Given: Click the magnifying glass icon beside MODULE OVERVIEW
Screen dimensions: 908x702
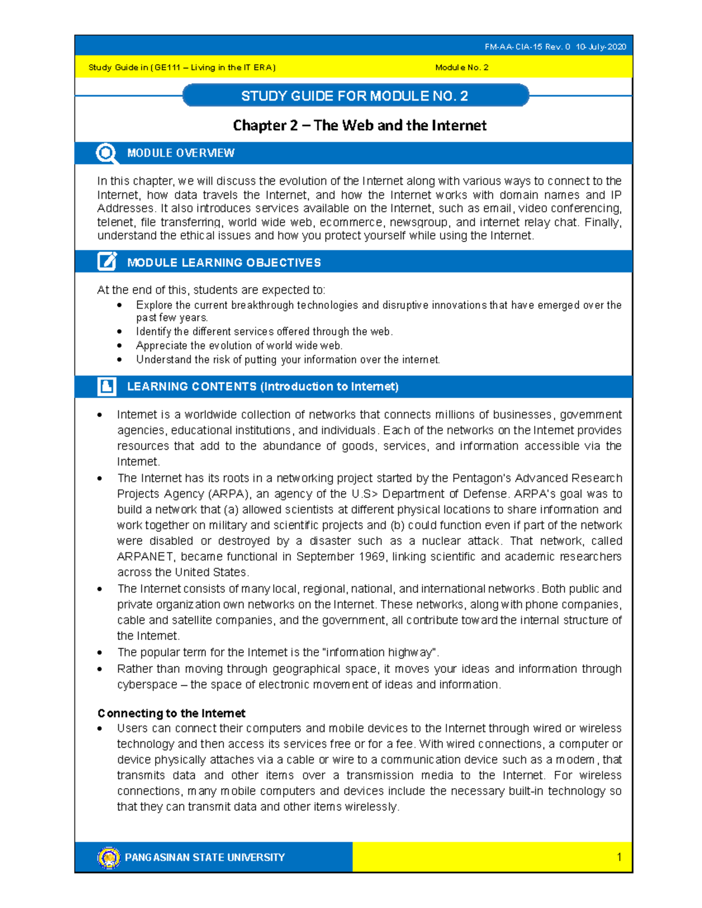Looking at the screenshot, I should [x=106, y=153].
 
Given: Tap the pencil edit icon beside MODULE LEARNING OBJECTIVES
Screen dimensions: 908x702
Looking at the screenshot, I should [x=106, y=261].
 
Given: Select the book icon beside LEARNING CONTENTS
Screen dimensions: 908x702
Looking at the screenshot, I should [x=106, y=386].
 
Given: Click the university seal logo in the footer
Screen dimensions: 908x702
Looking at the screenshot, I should [x=109, y=857].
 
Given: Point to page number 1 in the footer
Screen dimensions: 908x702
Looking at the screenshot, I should [x=619, y=857].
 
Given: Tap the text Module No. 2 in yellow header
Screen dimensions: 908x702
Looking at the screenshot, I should [x=462, y=67].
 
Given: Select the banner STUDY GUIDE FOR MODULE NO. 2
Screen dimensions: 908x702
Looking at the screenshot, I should [x=355, y=96].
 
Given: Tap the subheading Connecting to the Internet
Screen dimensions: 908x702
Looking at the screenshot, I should [x=171, y=713].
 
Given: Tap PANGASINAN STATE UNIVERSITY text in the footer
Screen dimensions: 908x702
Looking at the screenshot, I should [x=205, y=857].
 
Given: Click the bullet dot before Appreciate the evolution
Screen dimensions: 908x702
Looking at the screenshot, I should [x=119, y=346].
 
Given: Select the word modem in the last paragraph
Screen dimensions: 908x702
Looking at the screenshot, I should [x=576, y=759].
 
